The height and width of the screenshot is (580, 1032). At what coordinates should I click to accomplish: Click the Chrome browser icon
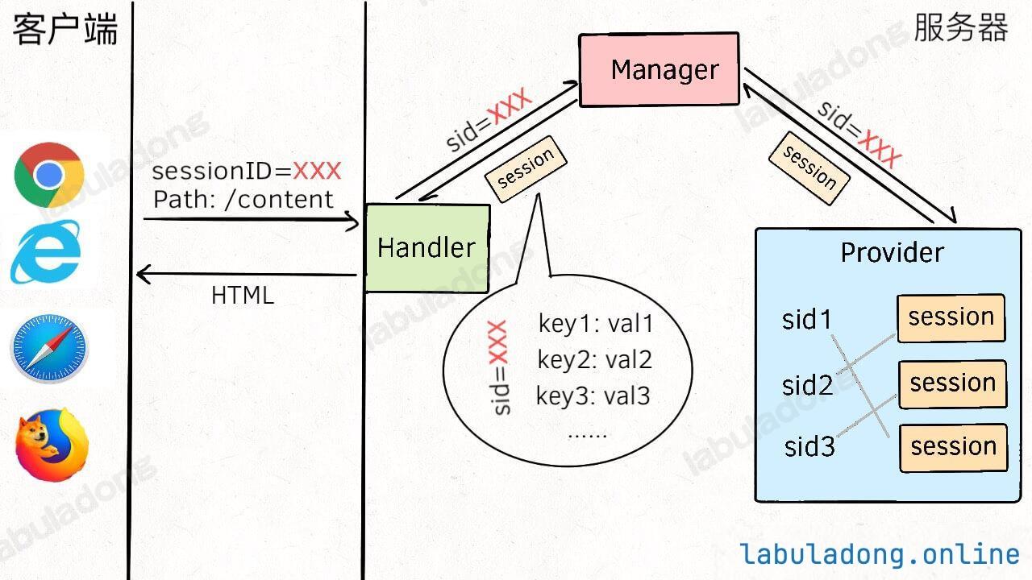coord(49,175)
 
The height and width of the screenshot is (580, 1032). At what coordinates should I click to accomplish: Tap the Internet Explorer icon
coord(46,251)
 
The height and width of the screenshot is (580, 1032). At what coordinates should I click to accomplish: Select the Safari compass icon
coord(49,349)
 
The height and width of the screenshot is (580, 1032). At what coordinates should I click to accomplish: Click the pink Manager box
coord(659,69)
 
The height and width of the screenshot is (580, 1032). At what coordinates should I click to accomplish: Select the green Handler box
coord(427,248)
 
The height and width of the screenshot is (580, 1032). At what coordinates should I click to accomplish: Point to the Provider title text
coord(893,253)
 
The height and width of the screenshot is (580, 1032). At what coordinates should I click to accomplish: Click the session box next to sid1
coord(951,318)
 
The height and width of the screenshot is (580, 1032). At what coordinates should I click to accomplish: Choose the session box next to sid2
coord(953,384)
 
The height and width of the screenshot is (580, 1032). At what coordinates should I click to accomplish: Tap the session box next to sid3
coord(954,447)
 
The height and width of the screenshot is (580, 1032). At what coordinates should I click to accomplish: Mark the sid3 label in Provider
coord(809,446)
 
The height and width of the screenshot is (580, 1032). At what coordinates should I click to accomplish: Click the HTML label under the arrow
coord(243,295)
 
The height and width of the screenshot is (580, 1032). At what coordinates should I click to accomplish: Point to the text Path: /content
coord(243,200)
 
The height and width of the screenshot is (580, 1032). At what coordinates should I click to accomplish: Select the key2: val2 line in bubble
coord(595,359)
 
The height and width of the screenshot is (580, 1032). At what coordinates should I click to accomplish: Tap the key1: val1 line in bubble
coord(596,323)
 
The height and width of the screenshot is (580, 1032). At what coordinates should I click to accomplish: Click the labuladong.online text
coord(880,554)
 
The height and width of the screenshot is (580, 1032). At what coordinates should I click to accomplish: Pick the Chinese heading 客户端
coord(65,29)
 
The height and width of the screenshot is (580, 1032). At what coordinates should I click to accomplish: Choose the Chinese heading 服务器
coord(961,27)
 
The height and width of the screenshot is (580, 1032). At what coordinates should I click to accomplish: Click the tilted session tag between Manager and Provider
coord(809,168)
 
